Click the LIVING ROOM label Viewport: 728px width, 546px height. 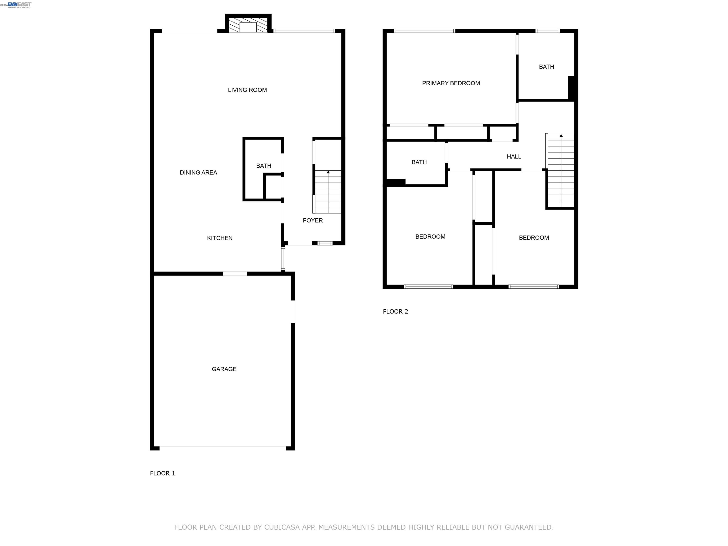point(247,90)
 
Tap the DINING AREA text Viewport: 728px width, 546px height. point(198,173)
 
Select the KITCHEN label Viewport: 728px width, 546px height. point(219,238)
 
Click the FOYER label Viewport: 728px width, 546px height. point(312,220)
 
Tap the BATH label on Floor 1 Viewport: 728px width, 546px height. point(264,166)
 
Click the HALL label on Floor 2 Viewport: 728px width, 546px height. point(514,157)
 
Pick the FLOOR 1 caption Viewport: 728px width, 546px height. point(162,473)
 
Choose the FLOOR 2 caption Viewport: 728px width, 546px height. point(395,311)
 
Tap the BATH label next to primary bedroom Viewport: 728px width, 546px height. point(546,67)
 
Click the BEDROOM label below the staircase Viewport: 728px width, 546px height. point(533,238)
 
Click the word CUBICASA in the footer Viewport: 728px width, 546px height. point(282,527)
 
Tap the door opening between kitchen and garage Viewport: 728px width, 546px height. point(235,273)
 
